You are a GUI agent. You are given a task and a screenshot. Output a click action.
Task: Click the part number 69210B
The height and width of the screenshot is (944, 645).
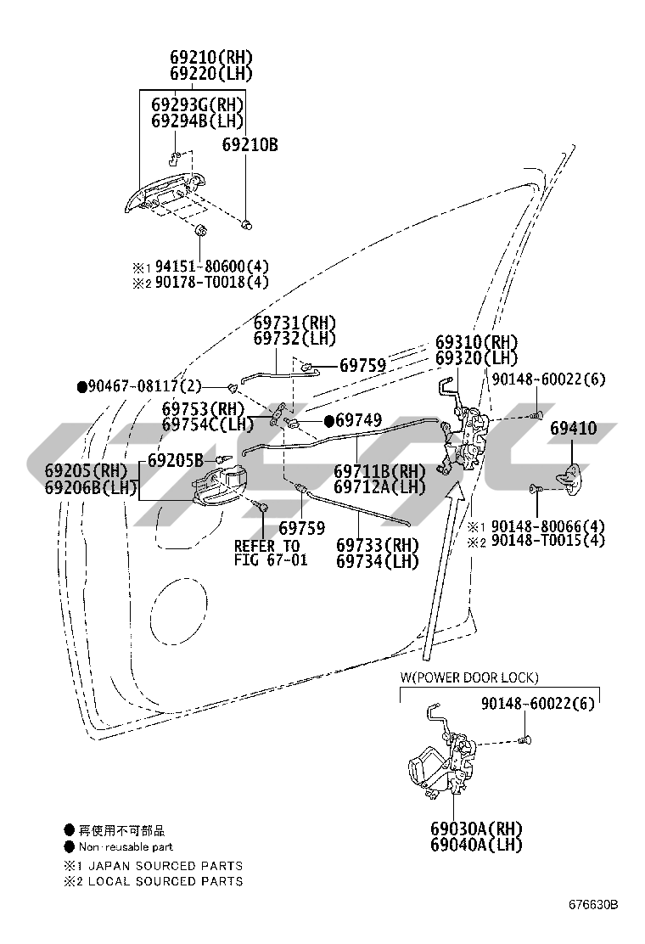250,145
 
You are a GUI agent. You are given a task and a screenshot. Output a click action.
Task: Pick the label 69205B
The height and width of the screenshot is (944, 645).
175,461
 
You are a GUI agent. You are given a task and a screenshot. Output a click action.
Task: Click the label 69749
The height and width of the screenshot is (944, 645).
358,420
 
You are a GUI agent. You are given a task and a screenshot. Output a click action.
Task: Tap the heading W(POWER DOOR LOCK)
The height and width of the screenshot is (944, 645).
469,677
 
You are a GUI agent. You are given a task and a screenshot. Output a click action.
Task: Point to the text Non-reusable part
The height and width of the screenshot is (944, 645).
126,846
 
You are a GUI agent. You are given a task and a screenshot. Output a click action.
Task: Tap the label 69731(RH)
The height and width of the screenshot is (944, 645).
294,323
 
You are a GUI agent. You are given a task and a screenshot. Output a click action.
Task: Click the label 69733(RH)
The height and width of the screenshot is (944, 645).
377,545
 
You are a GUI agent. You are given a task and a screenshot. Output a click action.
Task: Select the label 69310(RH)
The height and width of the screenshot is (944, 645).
476,342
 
